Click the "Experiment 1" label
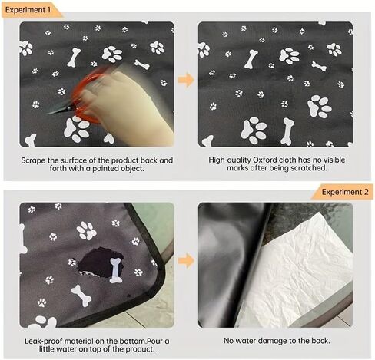(28, 10)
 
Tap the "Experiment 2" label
(345, 192)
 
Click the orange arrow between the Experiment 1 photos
(186, 80)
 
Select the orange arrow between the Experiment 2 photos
(186, 261)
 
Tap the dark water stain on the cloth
(100, 263)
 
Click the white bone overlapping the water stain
(115, 270)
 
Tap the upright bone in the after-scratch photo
(287, 132)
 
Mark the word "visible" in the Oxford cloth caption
(333, 160)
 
